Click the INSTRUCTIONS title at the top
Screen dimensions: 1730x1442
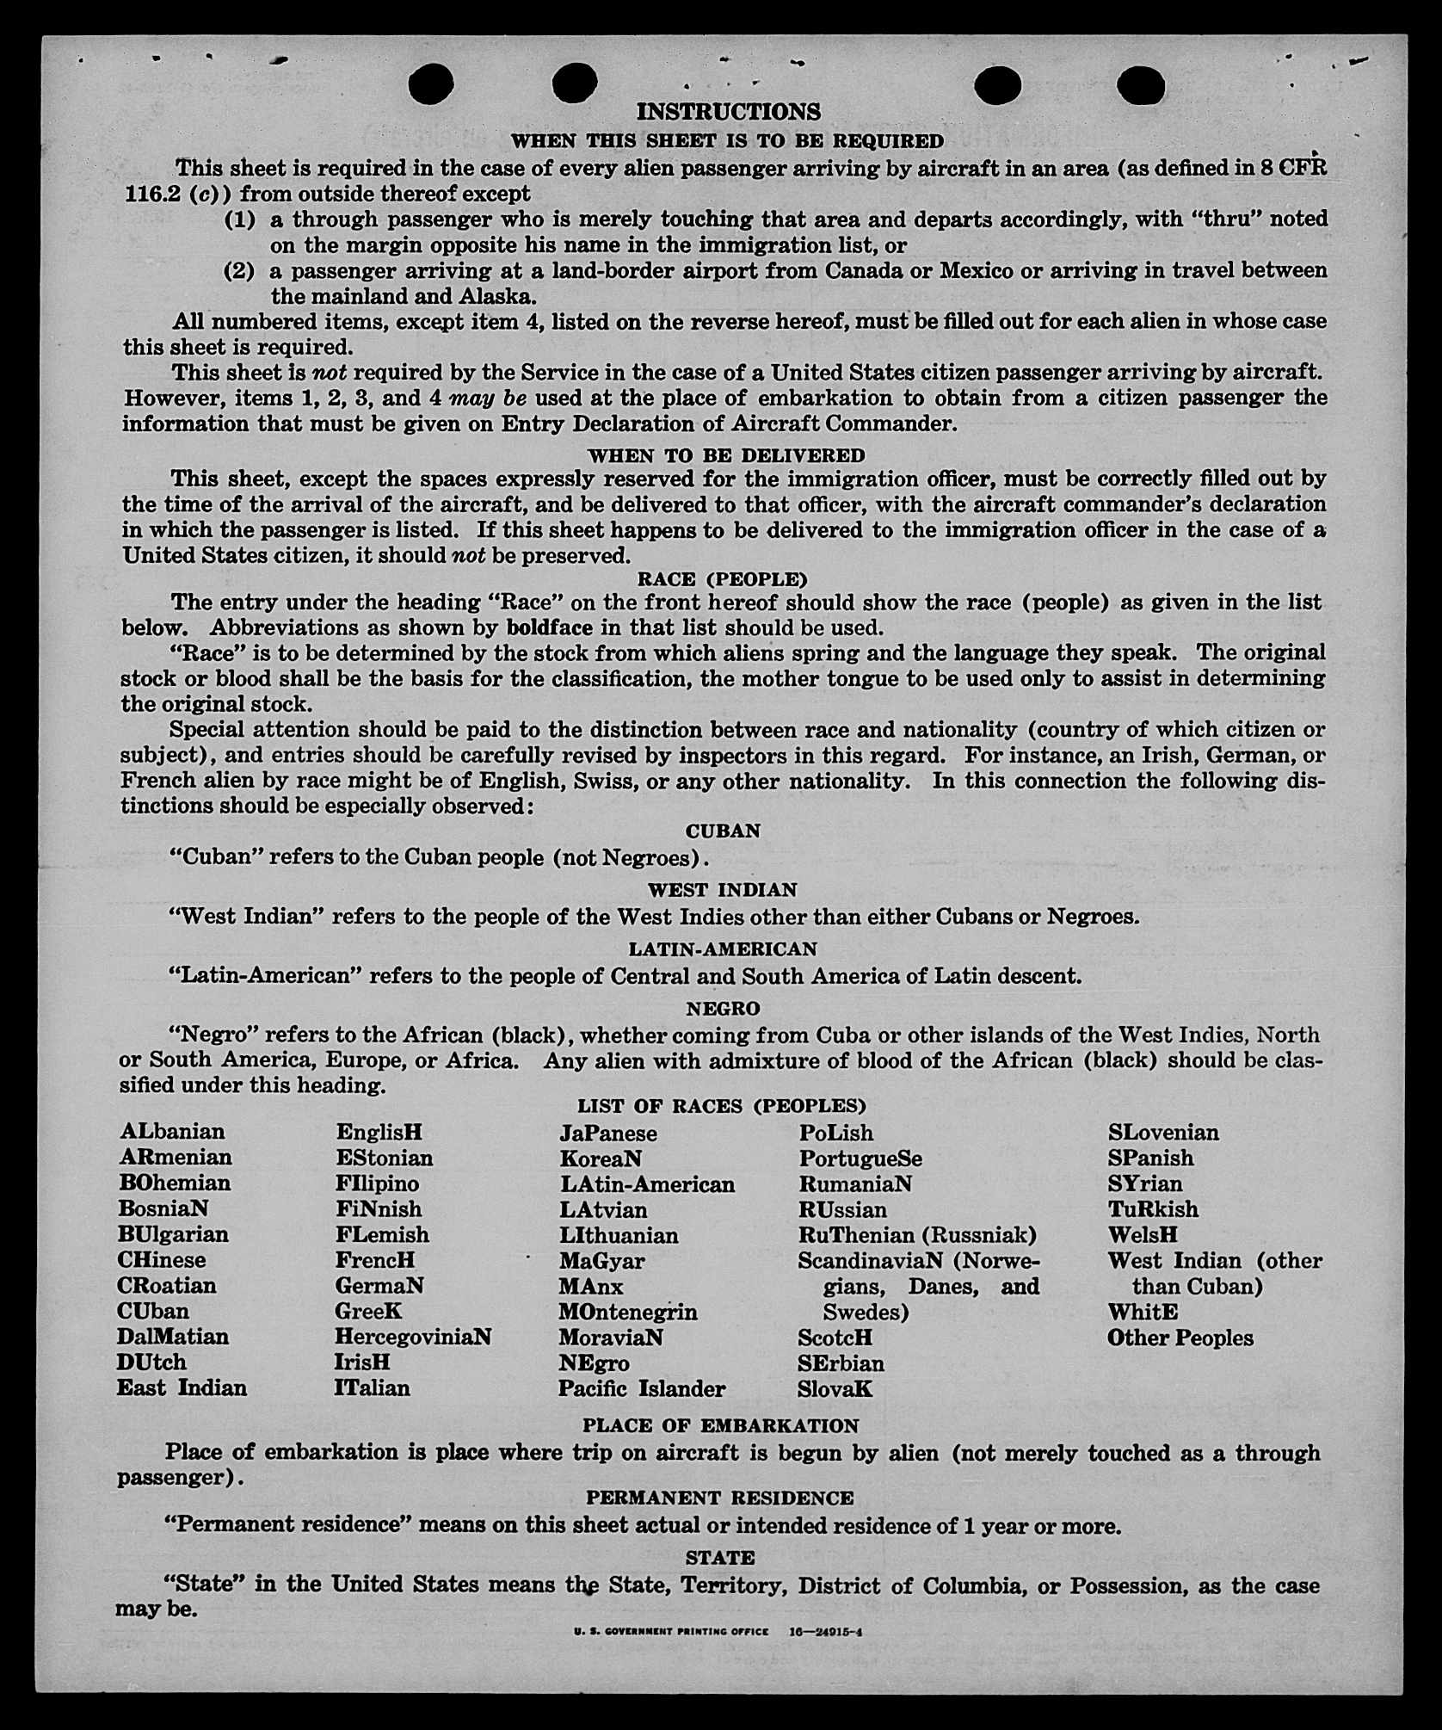pos(728,112)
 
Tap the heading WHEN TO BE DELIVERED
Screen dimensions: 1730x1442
pos(726,454)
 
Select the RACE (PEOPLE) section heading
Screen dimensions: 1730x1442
pos(722,578)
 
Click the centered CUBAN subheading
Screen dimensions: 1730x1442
pos(723,831)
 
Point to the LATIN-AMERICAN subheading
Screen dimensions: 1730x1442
pos(723,949)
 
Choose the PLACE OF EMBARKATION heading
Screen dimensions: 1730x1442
pos(720,1426)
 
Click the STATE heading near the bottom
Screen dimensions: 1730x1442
pos(720,1558)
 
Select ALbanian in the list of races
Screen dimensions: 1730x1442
pos(172,1131)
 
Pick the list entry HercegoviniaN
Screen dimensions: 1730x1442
pos(413,1337)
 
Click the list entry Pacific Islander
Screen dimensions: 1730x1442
pos(642,1388)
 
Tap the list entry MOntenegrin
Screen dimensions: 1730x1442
pos(628,1312)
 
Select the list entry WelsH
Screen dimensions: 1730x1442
pos(1143,1234)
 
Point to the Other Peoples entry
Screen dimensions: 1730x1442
pos(1180,1338)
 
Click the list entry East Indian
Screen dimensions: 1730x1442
pos(182,1387)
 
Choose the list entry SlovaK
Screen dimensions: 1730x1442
pos(835,1388)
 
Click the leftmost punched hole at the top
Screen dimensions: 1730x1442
pos(431,84)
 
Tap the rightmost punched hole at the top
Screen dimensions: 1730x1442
pos(1141,86)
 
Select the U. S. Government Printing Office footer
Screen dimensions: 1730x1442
pos(671,1631)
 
